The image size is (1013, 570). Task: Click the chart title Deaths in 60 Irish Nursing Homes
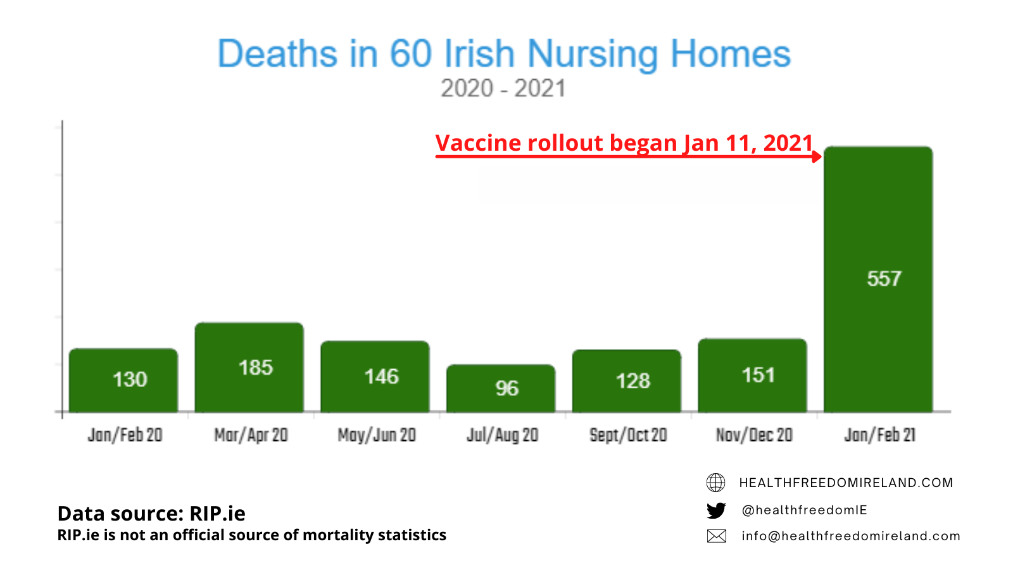point(504,54)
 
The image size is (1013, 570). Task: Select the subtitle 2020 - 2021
point(503,89)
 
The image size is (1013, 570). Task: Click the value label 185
point(256,367)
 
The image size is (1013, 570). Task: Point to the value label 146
point(381,377)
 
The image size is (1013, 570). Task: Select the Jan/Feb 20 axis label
point(125,435)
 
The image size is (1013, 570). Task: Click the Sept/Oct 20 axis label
point(628,435)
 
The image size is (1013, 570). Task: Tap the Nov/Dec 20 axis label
point(754,435)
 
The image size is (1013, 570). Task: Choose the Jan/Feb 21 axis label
point(879,435)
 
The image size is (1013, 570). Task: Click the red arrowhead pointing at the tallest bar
point(817,156)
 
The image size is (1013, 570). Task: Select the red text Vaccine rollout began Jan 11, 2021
point(624,143)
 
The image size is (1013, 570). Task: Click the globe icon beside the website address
point(716,483)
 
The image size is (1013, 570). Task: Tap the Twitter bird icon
point(716,510)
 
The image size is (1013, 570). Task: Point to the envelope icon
point(716,536)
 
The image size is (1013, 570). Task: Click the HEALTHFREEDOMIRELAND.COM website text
point(846,483)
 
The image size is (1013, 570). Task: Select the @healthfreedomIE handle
point(804,510)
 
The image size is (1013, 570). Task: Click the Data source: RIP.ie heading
point(151,513)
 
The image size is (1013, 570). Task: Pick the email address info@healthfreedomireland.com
point(851,536)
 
